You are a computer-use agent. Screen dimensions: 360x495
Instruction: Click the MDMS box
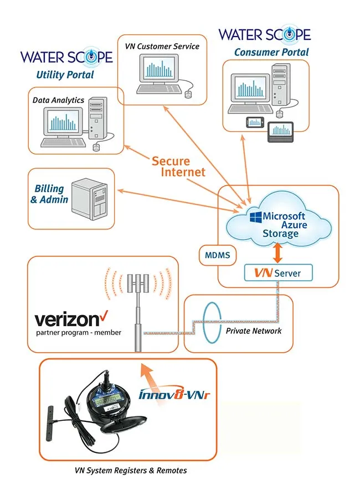click(x=218, y=255)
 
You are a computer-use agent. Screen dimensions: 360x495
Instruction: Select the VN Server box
click(x=278, y=273)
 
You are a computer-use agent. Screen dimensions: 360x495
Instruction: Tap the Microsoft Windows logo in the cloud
click(x=256, y=217)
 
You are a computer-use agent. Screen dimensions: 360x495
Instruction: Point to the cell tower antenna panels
click(x=138, y=282)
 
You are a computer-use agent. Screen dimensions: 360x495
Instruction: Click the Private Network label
click(x=254, y=331)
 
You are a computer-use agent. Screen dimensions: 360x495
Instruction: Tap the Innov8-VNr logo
click(x=174, y=393)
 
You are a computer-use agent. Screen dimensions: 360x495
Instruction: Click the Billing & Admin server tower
click(x=90, y=199)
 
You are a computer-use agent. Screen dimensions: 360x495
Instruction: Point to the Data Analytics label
click(x=58, y=100)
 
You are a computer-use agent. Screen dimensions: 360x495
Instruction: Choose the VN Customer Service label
click(x=162, y=47)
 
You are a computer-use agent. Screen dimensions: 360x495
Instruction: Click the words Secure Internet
click(x=179, y=166)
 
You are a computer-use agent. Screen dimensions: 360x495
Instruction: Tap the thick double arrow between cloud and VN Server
click(x=277, y=252)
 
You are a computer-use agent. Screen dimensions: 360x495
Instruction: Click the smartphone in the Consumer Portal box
click(x=255, y=122)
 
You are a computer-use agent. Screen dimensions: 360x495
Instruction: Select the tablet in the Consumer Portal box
click(x=280, y=132)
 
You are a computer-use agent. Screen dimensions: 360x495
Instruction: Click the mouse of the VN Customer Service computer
click(x=188, y=94)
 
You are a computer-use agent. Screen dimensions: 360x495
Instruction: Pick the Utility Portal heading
click(x=65, y=75)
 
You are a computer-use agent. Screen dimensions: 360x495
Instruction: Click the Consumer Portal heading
click(x=271, y=52)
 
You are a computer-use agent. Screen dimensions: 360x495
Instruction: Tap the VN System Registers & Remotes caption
click(x=131, y=471)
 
